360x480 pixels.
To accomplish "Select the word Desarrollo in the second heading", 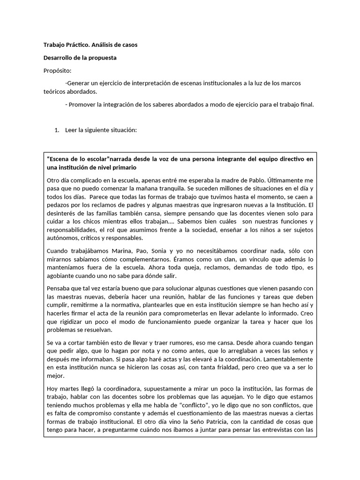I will [59, 58].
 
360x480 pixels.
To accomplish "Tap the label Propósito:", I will [58, 70].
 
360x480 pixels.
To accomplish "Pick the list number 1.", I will [57, 130].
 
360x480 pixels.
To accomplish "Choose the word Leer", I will [72, 130].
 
